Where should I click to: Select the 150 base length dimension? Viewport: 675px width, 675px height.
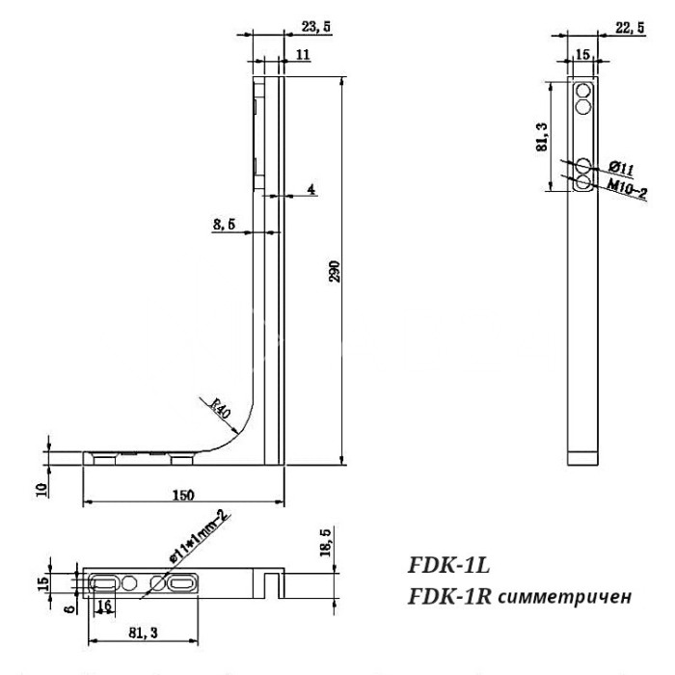tap(182, 494)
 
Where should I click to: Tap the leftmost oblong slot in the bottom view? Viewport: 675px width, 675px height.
tap(103, 582)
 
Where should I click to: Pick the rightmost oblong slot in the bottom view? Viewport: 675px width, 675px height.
tap(180, 582)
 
